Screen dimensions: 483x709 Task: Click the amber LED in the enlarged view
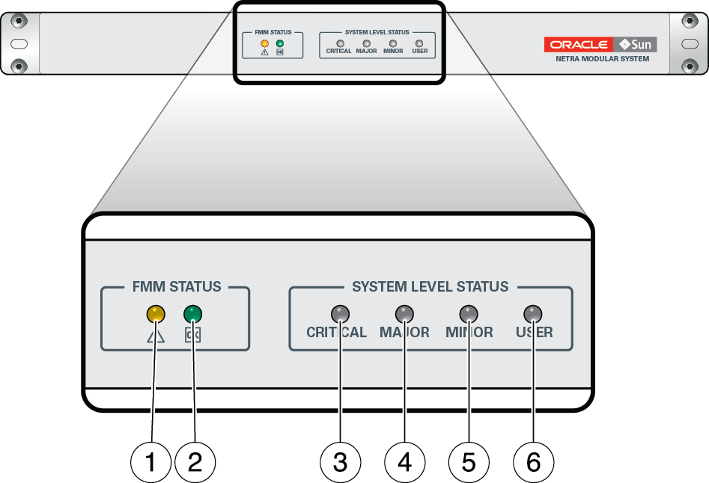pos(155,313)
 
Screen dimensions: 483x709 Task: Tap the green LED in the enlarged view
pos(193,313)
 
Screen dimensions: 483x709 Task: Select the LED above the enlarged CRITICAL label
pos(340,313)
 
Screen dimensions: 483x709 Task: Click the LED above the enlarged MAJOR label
pos(404,313)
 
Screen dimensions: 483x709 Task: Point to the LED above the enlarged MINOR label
pos(469,313)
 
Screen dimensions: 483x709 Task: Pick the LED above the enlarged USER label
pos(533,313)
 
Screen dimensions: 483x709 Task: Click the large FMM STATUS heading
pos(177,286)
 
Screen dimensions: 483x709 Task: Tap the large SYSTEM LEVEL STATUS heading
pos(430,286)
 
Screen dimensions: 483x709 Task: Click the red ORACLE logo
pos(578,44)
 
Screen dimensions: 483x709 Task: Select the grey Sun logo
pos(635,44)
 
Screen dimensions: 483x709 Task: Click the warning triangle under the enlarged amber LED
pos(155,336)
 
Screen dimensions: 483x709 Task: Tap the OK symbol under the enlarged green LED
pos(193,336)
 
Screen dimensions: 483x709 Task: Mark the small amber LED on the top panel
pos(264,43)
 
